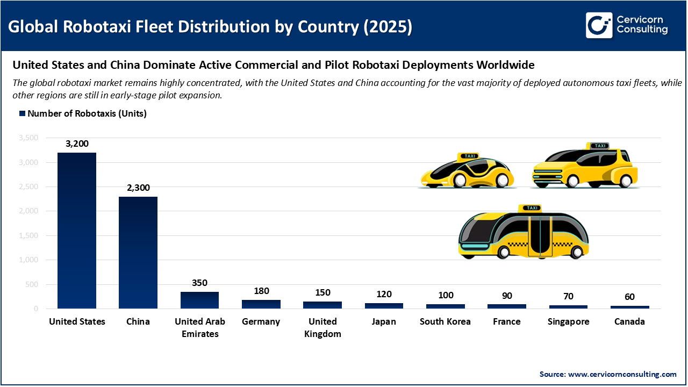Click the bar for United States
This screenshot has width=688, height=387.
click(77, 231)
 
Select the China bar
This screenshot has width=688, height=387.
click(138, 253)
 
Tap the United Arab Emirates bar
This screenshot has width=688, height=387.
click(199, 300)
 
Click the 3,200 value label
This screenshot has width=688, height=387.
click(77, 144)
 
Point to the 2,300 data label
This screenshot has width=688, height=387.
click(138, 188)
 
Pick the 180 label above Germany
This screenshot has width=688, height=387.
click(261, 291)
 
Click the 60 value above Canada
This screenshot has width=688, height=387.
click(629, 297)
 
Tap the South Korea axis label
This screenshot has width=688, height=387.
click(445, 321)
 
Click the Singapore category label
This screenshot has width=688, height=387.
click(568, 321)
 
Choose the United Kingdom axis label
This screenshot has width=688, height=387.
click(322, 327)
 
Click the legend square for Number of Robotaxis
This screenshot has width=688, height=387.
click(22, 114)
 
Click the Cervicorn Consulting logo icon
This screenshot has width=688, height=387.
click(599, 25)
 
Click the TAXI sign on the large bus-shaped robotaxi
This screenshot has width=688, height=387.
click(532, 208)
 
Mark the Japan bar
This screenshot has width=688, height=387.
click(384, 305)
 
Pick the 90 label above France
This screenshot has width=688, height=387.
click(507, 295)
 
